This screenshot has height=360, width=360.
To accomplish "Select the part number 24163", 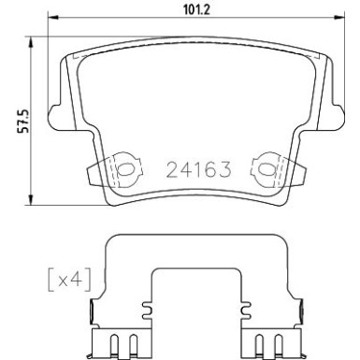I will (x=199, y=171).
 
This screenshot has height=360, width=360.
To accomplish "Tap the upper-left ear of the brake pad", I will (x=68, y=64).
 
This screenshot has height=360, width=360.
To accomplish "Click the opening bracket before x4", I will (x=48, y=278).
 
